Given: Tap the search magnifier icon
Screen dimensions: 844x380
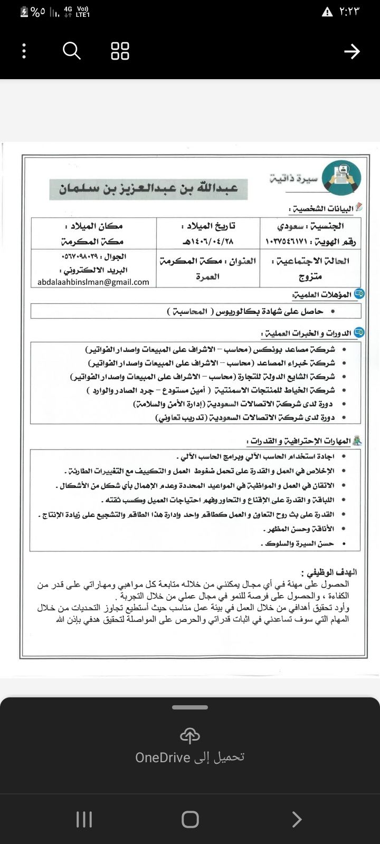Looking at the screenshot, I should click(71, 51).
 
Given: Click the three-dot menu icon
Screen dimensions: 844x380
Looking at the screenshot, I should click(24, 51).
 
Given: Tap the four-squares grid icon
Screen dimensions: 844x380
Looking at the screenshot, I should click(120, 51).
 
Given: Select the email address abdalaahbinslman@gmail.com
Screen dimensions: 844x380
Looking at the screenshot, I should click(93, 282).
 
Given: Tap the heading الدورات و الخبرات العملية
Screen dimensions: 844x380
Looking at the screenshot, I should click(307, 333).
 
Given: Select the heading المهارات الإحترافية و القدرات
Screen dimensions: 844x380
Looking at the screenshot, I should click(300, 441).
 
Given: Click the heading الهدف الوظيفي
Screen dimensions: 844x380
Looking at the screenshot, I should click(329, 572).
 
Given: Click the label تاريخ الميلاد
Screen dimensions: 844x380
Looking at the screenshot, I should click(208, 226).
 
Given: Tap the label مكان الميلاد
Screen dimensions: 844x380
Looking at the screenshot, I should click(93, 226).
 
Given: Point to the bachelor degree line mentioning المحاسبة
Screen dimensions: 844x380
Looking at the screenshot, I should click(244, 311).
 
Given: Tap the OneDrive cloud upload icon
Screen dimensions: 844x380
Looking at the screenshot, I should click(190, 735).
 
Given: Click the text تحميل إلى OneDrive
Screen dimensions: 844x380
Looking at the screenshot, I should click(190, 757).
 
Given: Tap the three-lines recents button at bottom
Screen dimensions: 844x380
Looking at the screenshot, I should click(84, 819).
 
